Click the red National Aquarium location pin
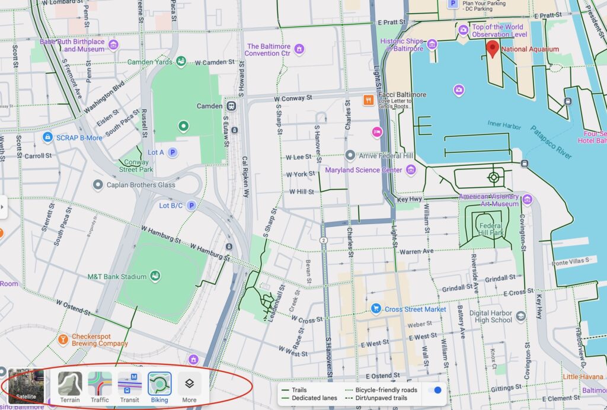coord(493,49)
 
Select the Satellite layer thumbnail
coord(25,386)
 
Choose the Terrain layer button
coord(70,386)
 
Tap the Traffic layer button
coord(100,386)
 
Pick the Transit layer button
coord(129,386)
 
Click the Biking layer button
coord(159,386)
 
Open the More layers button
coord(189,386)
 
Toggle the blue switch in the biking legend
coord(437,390)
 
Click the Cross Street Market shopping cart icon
coord(375,309)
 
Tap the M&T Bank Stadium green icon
coord(155,276)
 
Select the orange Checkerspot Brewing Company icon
coord(63,339)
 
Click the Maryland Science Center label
coord(363,170)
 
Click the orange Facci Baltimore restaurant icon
coord(368,100)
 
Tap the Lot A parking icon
coord(172,152)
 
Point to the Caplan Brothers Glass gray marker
coord(98,185)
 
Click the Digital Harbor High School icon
coord(520,316)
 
